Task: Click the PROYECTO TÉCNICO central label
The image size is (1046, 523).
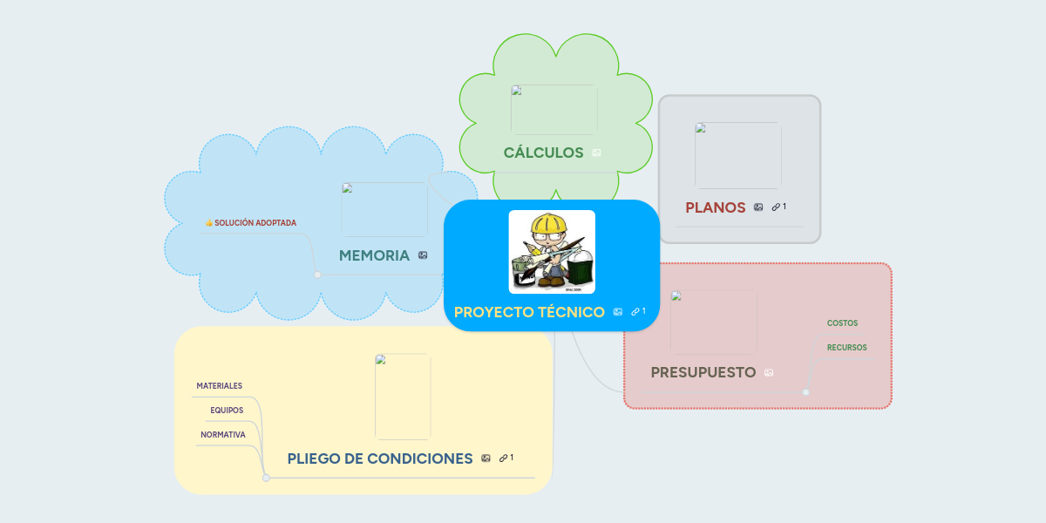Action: [x=529, y=312]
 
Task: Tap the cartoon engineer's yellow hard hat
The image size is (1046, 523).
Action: [x=550, y=225]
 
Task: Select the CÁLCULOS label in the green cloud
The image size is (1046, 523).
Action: [x=543, y=153]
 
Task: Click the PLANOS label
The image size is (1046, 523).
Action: [x=715, y=207]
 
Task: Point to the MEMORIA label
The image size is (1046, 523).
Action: [x=374, y=255]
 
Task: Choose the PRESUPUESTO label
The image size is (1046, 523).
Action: [x=703, y=372]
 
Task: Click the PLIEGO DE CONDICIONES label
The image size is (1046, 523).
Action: [x=380, y=458]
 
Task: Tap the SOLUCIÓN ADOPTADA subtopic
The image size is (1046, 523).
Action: [x=255, y=223]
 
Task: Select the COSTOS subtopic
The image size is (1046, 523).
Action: [x=842, y=323]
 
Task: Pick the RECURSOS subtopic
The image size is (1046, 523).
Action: [x=846, y=348]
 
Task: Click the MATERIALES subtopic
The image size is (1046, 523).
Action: [x=219, y=385]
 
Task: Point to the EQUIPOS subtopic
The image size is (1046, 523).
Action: [x=227, y=410]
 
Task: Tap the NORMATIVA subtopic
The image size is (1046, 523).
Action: [x=223, y=434]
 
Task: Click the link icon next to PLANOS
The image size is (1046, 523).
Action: [x=776, y=207]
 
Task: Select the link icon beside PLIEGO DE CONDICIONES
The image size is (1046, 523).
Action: [x=504, y=458]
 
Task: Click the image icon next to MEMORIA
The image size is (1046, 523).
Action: [x=423, y=255]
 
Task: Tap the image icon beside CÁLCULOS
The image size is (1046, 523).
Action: [x=596, y=153]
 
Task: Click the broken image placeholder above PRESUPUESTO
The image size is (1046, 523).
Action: [x=713, y=322]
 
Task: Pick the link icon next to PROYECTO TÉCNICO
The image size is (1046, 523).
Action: [x=636, y=312]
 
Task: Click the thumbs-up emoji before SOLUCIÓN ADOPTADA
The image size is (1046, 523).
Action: [x=209, y=223]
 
